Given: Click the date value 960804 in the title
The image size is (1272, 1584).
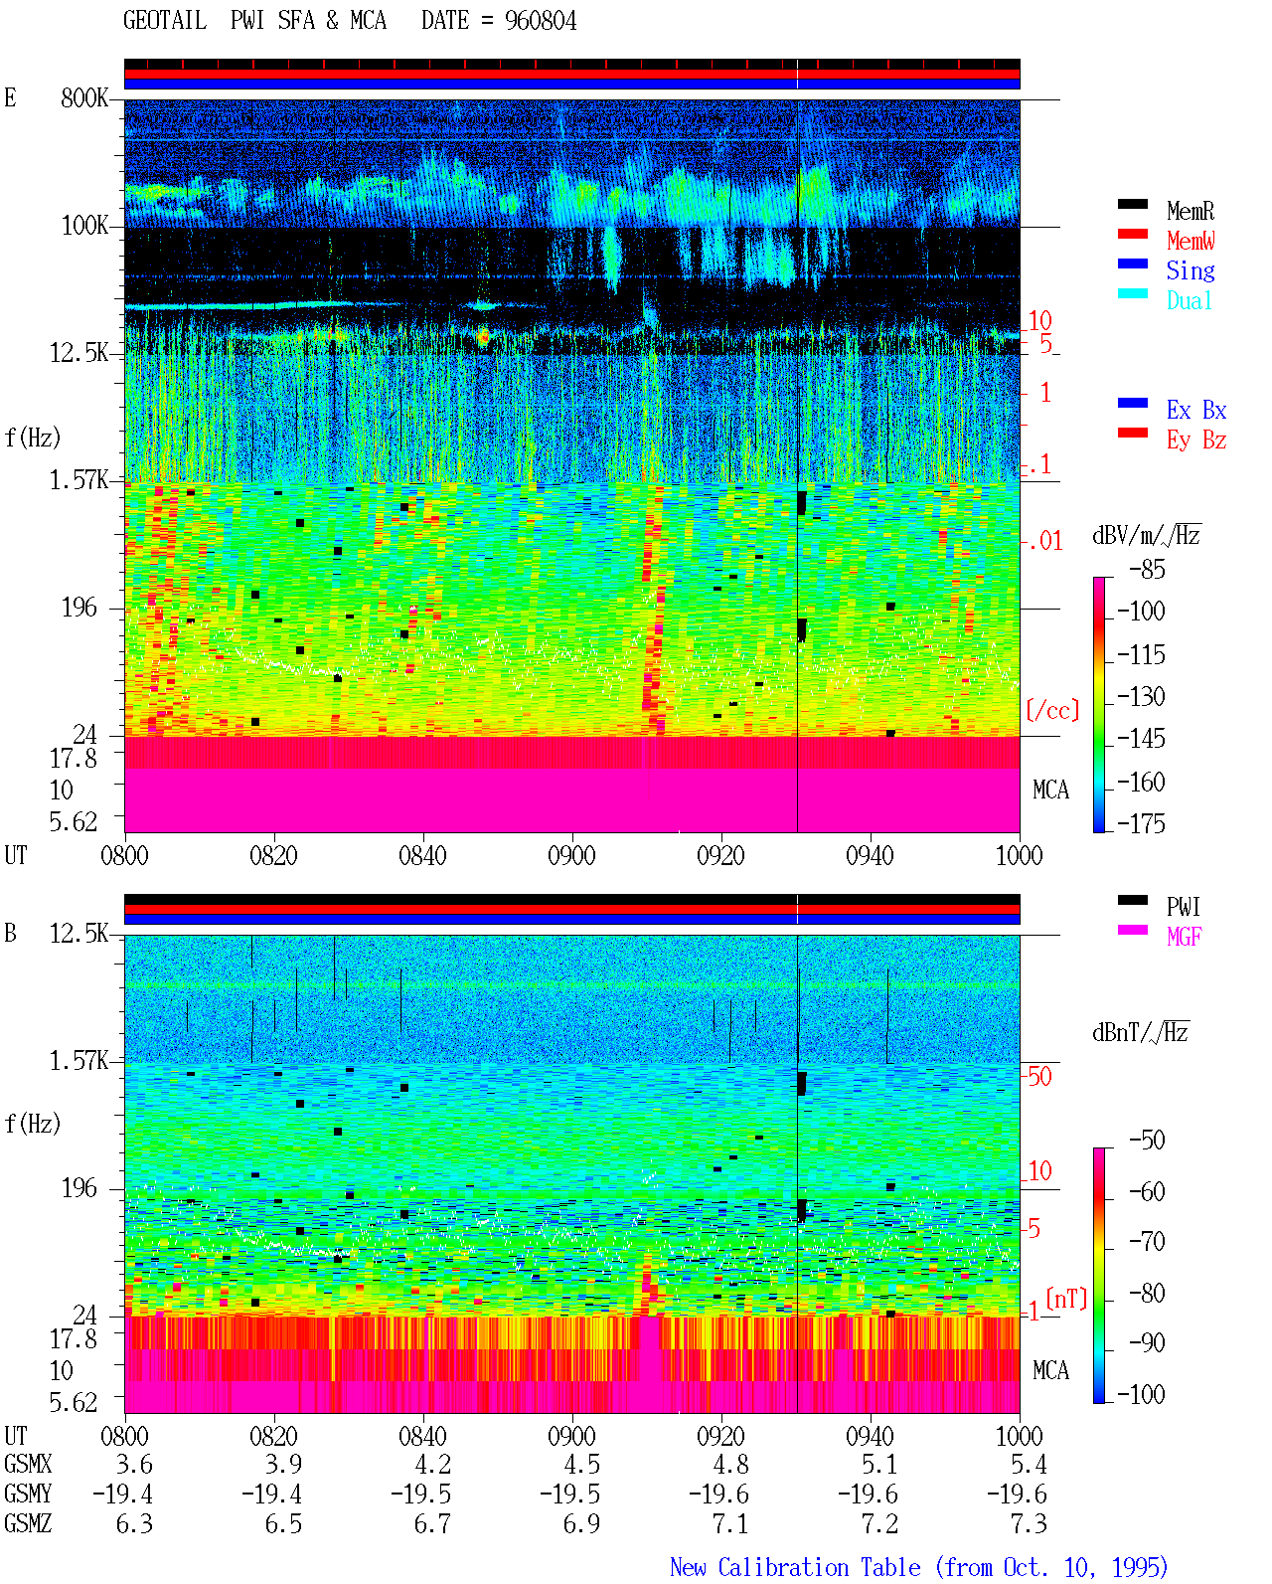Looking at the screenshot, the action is (x=540, y=21).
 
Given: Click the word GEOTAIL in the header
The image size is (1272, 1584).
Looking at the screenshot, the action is (x=165, y=21).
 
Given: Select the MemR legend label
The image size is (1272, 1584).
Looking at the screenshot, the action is (x=1191, y=211).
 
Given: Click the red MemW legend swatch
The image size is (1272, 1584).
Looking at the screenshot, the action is (x=1132, y=234).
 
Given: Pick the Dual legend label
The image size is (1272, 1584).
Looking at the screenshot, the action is (x=1190, y=300).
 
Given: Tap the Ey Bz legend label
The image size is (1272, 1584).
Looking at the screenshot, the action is (x=1196, y=440).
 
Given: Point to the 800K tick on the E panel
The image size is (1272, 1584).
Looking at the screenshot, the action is (x=83, y=97).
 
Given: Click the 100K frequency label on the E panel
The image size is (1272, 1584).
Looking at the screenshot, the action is (x=84, y=226).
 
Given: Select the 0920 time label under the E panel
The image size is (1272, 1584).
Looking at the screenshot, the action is (x=721, y=855).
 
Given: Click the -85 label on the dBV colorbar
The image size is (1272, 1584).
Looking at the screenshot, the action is (x=1147, y=569).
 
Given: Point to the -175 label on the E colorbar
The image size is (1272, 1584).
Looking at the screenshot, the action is (x=1141, y=823).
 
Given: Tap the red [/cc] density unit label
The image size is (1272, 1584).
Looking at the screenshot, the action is (x=1052, y=710).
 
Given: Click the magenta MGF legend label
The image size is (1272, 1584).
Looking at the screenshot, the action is (x=1185, y=937).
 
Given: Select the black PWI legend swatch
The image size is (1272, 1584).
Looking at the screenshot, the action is (x=1132, y=900).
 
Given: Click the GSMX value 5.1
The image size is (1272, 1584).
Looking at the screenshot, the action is (x=879, y=1464).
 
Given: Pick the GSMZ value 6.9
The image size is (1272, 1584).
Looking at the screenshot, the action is (x=581, y=1523).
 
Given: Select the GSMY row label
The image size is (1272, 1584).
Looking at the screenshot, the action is (x=28, y=1494).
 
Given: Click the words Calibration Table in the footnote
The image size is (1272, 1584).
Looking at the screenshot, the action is (x=819, y=1567).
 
